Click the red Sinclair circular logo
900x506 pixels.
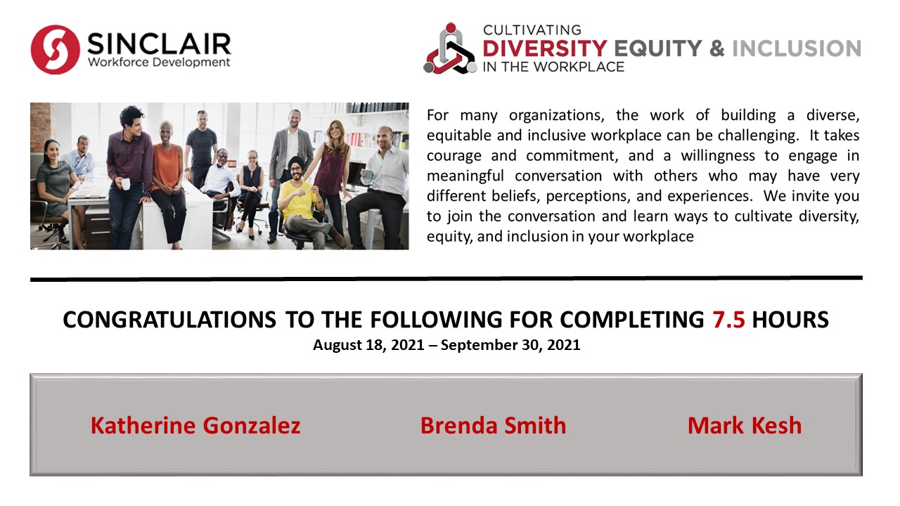point(55,49)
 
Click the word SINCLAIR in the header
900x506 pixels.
point(159,44)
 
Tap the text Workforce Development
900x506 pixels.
point(159,63)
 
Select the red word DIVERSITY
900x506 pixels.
point(545,48)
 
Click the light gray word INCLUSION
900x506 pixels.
point(797,48)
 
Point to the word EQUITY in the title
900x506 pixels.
point(658,48)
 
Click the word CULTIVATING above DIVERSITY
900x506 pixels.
point(532,30)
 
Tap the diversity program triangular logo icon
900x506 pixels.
point(451,48)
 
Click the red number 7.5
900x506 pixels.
point(729,320)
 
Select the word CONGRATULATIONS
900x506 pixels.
point(169,320)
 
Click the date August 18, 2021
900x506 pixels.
point(368,345)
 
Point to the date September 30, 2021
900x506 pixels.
point(510,345)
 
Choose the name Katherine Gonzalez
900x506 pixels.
point(195,425)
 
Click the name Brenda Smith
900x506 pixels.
point(493,425)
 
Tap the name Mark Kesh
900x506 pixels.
point(745,425)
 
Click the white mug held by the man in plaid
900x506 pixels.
point(126,184)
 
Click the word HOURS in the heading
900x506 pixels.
point(790,320)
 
